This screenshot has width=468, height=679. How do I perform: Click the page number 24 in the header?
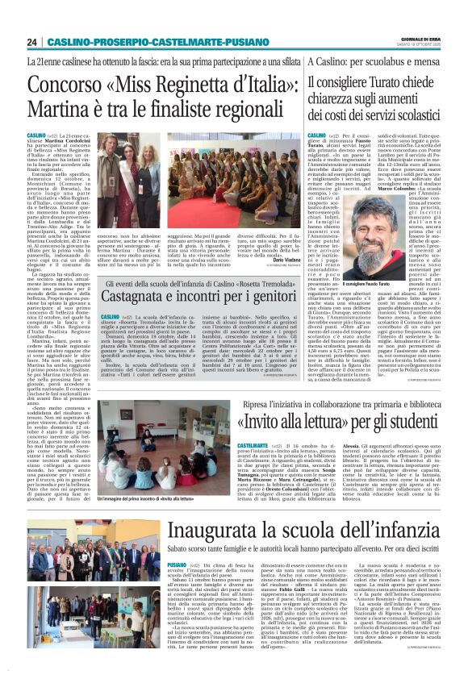[x=31, y=42]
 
